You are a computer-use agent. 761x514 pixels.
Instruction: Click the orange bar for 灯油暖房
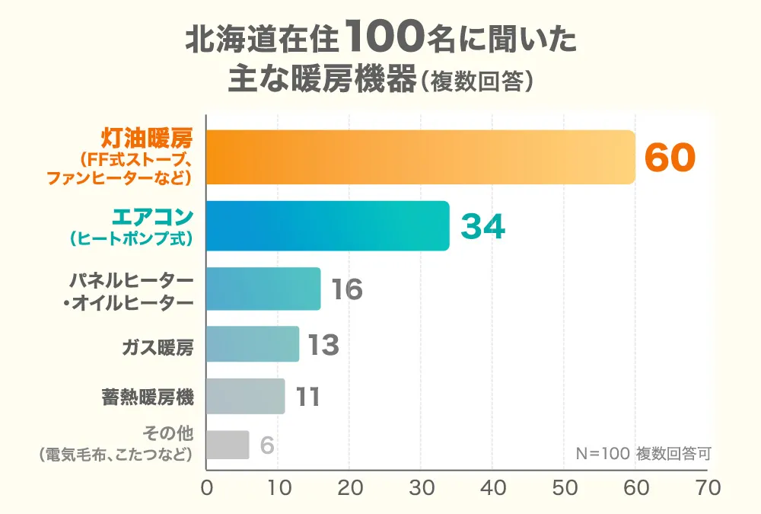point(420,158)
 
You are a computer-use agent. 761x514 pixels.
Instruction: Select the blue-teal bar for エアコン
point(327,226)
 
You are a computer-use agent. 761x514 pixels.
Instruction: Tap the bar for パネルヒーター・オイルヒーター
point(263,289)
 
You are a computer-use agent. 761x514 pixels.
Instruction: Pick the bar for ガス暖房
point(253,344)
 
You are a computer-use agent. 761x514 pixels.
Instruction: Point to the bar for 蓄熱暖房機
point(245,397)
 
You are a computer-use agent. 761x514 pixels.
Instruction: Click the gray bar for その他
point(228,445)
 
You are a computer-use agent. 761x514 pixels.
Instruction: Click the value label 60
point(670,158)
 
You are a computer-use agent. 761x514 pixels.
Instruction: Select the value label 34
point(484,227)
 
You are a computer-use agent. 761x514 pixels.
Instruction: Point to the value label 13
point(323,345)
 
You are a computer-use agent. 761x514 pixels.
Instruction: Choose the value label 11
point(307,397)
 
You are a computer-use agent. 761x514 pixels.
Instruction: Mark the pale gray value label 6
point(266,445)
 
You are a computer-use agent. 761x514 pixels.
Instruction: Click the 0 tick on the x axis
point(206,488)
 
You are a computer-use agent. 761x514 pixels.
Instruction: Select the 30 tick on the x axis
point(421,488)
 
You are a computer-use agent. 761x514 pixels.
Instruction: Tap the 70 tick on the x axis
point(707,488)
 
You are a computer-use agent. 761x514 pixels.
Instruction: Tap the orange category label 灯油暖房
point(148,138)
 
